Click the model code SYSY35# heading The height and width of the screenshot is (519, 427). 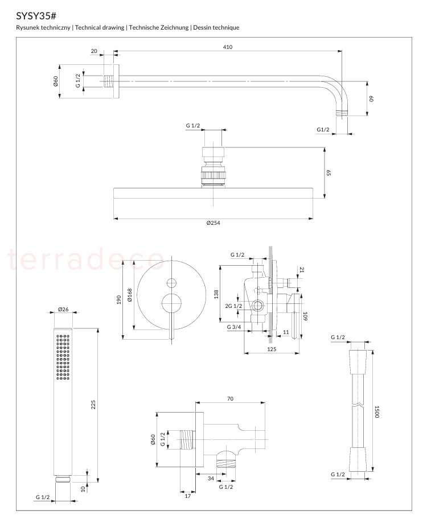point(36,16)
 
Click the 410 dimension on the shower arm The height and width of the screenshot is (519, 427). point(228,47)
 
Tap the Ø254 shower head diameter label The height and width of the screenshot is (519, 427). point(213,223)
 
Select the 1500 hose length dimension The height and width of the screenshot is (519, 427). point(377,411)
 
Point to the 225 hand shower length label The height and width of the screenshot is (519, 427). point(93,405)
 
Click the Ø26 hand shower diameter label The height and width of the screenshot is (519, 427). point(63,309)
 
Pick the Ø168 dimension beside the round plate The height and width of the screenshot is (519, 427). point(130,295)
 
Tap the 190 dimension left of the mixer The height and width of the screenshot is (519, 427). point(119,299)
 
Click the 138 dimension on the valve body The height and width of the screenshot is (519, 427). point(216,294)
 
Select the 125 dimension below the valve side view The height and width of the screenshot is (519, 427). point(272,349)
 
